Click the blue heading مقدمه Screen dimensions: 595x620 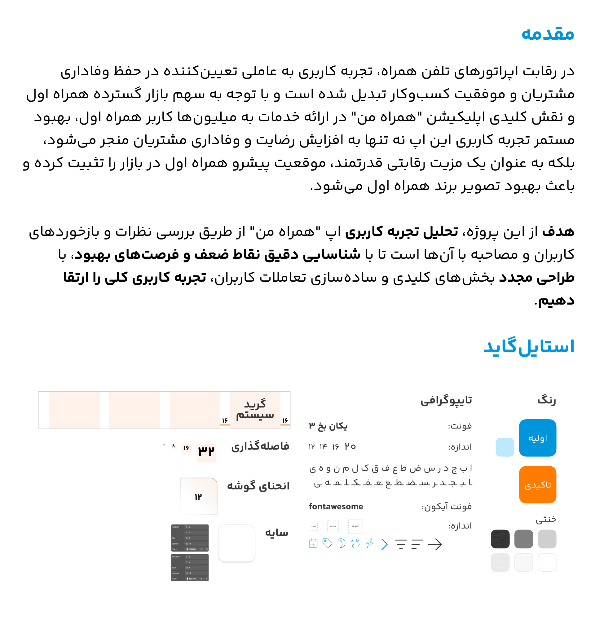point(547,33)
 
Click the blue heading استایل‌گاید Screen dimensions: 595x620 point(529,346)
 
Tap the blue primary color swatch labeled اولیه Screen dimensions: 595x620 point(537,438)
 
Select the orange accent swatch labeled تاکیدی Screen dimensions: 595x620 point(537,484)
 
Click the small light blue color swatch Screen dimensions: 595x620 point(505,447)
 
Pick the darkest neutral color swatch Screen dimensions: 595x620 point(500,539)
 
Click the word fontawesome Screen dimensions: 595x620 point(336,506)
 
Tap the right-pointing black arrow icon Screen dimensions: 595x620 point(434,544)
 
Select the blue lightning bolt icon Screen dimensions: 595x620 point(369,543)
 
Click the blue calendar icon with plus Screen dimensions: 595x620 point(313,543)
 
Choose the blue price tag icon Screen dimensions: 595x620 point(327,543)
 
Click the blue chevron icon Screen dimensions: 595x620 point(384,544)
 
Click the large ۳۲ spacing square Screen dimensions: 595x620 point(206,451)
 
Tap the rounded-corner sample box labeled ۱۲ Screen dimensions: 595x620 point(198,496)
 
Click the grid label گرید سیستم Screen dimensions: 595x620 point(255,409)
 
